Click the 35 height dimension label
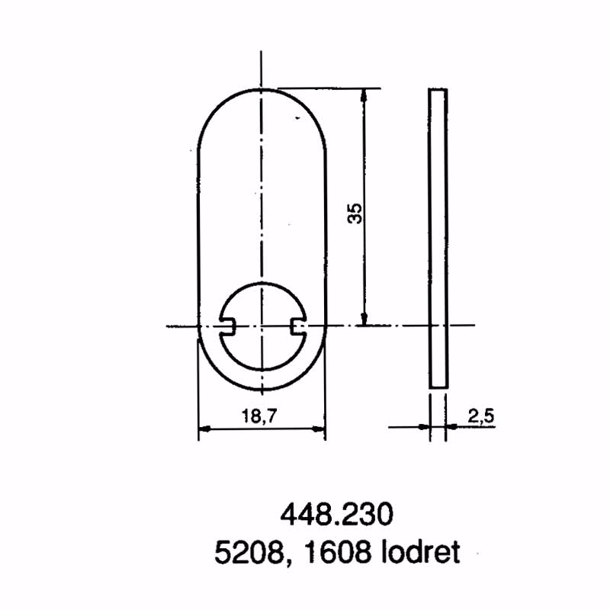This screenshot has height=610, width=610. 355,213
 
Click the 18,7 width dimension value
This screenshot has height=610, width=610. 259,416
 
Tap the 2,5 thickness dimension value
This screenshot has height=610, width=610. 481,416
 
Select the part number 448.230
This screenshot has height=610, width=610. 337,514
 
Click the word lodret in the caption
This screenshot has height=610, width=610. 421,551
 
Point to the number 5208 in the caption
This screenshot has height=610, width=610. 249,552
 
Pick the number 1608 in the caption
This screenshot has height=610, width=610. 336,552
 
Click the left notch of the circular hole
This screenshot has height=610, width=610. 226,326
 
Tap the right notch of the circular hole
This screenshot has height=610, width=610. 298,326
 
